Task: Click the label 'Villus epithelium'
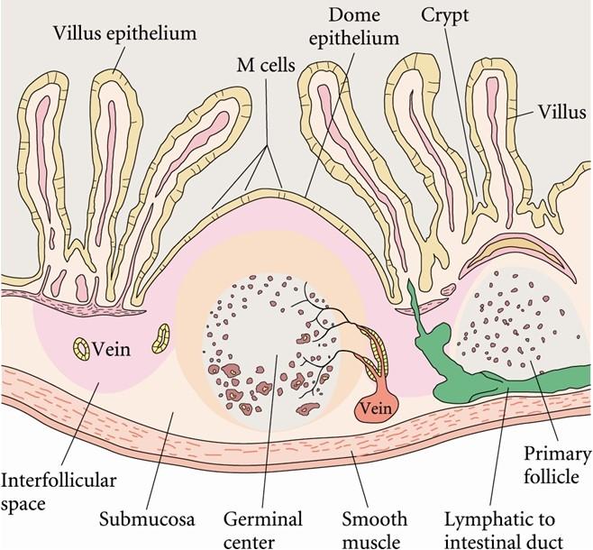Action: (x=124, y=32)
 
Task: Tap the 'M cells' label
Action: (x=266, y=66)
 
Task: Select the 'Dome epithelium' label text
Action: (x=354, y=26)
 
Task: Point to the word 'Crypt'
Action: (x=445, y=16)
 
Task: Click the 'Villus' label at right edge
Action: (x=562, y=112)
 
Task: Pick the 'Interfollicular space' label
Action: (x=59, y=491)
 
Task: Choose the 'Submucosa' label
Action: (x=147, y=519)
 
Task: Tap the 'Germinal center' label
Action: (x=263, y=529)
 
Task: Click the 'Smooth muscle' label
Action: (x=374, y=529)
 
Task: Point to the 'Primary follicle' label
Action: (x=557, y=465)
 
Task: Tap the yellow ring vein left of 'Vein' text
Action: (x=82, y=349)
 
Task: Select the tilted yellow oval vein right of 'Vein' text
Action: (x=161, y=338)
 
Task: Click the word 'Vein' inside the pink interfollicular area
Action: (x=111, y=349)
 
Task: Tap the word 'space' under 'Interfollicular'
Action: (x=23, y=504)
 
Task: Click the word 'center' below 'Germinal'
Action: (x=249, y=541)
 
